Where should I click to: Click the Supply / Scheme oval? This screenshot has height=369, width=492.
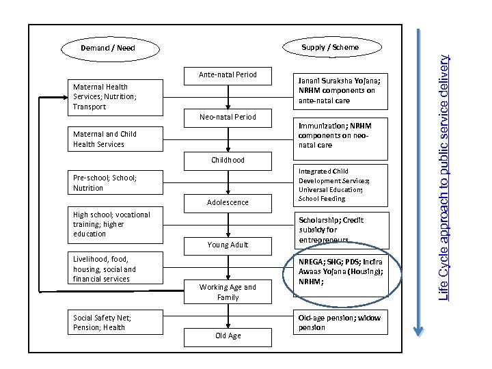coord(330,47)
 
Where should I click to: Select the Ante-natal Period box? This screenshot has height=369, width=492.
coord(228,74)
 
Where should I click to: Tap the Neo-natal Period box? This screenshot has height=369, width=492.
coord(228,117)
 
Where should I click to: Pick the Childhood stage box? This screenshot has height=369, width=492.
coord(228,160)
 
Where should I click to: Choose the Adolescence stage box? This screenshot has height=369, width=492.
coord(228,202)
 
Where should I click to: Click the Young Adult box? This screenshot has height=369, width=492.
coord(228,245)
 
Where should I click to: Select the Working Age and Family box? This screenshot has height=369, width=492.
coord(228,292)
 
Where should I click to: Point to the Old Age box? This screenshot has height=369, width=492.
coord(228,336)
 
